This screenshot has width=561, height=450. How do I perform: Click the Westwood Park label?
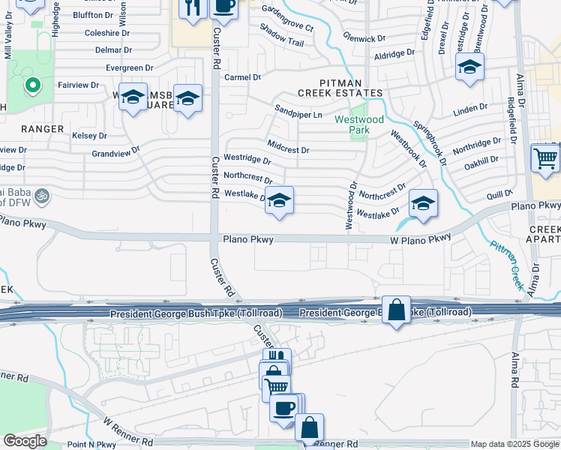point(359,124)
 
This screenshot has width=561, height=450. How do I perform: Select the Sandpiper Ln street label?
point(298,114)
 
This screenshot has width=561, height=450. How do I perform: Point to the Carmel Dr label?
point(242,77)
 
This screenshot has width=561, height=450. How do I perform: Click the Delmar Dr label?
point(113,50)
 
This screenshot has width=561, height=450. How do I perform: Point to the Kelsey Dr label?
point(89,136)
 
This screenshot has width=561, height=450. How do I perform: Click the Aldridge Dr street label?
point(394,54)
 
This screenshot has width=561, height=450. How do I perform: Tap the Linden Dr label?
point(470,111)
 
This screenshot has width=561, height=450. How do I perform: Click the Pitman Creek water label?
point(507,264)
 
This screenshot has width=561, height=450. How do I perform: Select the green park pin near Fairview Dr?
point(31,86)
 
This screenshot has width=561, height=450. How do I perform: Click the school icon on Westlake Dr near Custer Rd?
point(279,201)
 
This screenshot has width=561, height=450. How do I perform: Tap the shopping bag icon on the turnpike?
point(396,309)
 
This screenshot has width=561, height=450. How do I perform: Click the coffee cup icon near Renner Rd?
point(283,409)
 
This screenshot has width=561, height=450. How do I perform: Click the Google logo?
point(24,441)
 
